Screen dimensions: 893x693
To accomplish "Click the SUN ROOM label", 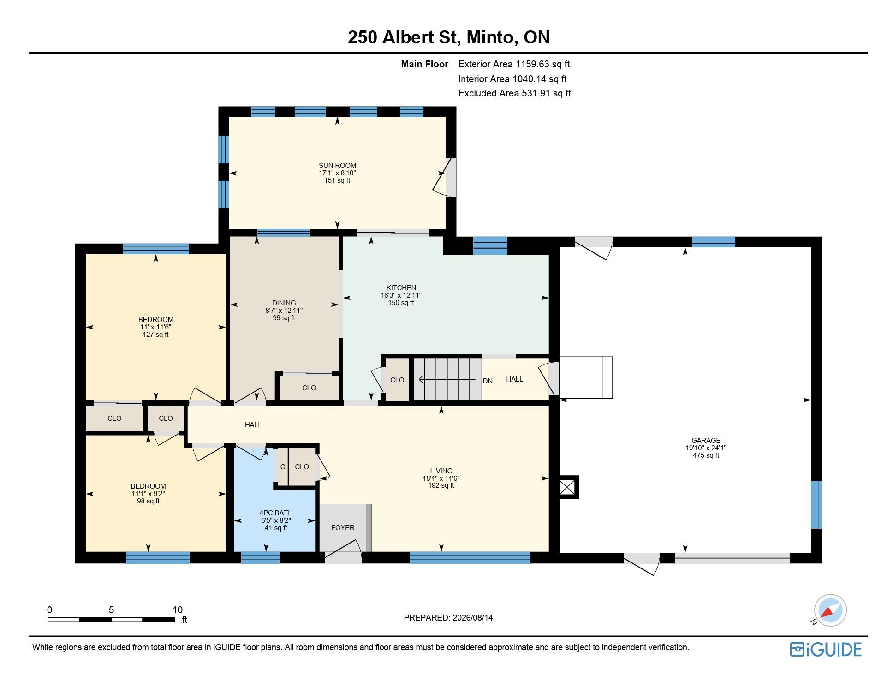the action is [337, 166].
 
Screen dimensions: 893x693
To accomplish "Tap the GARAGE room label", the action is [706, 441].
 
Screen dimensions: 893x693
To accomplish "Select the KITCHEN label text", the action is [401, 288].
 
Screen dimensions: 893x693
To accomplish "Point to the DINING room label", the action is [284, 303].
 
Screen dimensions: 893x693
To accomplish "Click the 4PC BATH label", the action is [276, 513].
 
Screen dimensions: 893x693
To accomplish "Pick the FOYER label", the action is [343, 528].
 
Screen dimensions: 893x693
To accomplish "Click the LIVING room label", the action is [441, 471].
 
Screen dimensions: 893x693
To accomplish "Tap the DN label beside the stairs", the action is [488, 381].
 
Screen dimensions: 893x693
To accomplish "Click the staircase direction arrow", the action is [447, 379].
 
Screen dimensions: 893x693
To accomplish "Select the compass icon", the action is [830, 610].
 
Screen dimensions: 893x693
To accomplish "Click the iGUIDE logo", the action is [825, 649].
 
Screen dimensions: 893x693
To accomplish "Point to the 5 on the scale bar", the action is [111, 609].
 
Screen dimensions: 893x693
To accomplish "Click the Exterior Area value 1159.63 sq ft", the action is [542, 64].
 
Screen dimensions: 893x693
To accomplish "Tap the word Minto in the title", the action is [491, 37].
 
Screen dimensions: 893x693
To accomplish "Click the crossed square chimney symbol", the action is [567, 487].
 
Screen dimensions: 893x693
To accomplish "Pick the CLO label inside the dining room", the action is [309, 388].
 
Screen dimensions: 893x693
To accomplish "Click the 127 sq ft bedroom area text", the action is [155, 335].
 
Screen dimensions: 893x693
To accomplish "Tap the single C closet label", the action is [283, 467].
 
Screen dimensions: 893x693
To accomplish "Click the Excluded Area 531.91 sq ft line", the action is [514, 93].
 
